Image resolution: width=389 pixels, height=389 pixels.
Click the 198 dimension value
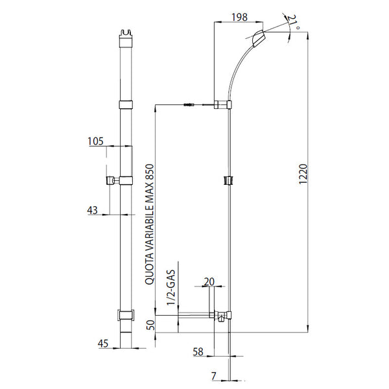point(239,17)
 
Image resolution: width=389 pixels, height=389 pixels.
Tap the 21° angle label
point(294,23)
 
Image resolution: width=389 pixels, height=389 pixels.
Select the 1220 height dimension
point(303,174)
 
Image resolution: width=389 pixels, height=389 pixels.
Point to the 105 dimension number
point(95,141)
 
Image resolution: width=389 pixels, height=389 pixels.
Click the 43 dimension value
point(92,210)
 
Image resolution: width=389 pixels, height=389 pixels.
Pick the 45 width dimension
point(103,344)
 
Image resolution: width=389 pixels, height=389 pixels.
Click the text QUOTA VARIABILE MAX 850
point(150,224)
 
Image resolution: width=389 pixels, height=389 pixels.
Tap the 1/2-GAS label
point(171,287)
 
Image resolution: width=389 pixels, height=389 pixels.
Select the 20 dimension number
point(209,282)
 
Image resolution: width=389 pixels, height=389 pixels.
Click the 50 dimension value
point(150,325)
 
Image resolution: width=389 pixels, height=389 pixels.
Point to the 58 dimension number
point(198,352)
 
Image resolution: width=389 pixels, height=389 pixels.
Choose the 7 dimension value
point(214,376)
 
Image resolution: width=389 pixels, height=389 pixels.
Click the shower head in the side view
point(259,38)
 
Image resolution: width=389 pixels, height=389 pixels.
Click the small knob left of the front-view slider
point(110,180)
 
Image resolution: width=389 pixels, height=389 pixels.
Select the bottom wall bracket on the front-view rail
point(126,315)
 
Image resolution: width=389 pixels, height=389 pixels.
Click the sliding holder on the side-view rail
point(229,180)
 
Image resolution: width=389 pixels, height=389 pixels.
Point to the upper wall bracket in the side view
point(223,104)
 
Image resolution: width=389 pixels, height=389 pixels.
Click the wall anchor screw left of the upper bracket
point(190,104)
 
